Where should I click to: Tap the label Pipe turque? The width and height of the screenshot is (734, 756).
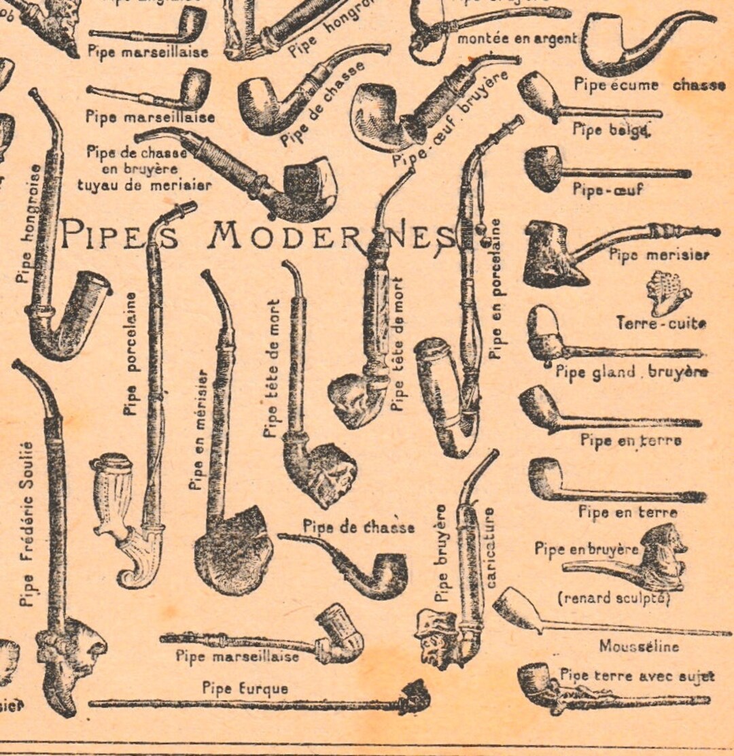click(x=245, y=688)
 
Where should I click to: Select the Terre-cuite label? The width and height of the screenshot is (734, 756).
click(x=661, y=323)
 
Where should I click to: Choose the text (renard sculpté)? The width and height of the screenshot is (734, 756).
click(x=614, y=598)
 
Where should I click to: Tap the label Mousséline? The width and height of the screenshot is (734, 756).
click(x=638, y=646)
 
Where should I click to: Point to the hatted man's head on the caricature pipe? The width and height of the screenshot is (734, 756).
click(x=433, y=638)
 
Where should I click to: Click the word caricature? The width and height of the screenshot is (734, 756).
click(x=490, y=547)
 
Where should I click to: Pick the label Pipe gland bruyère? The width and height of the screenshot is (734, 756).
click(x=631, y=371)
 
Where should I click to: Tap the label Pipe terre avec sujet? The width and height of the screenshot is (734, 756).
click(x=637, y=676)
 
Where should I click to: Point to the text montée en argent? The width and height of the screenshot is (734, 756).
click(x=517, y=39)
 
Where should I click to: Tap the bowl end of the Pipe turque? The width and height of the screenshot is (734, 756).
click(x=415, y=697)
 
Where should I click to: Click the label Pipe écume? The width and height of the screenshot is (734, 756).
click(x=616, y=85)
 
